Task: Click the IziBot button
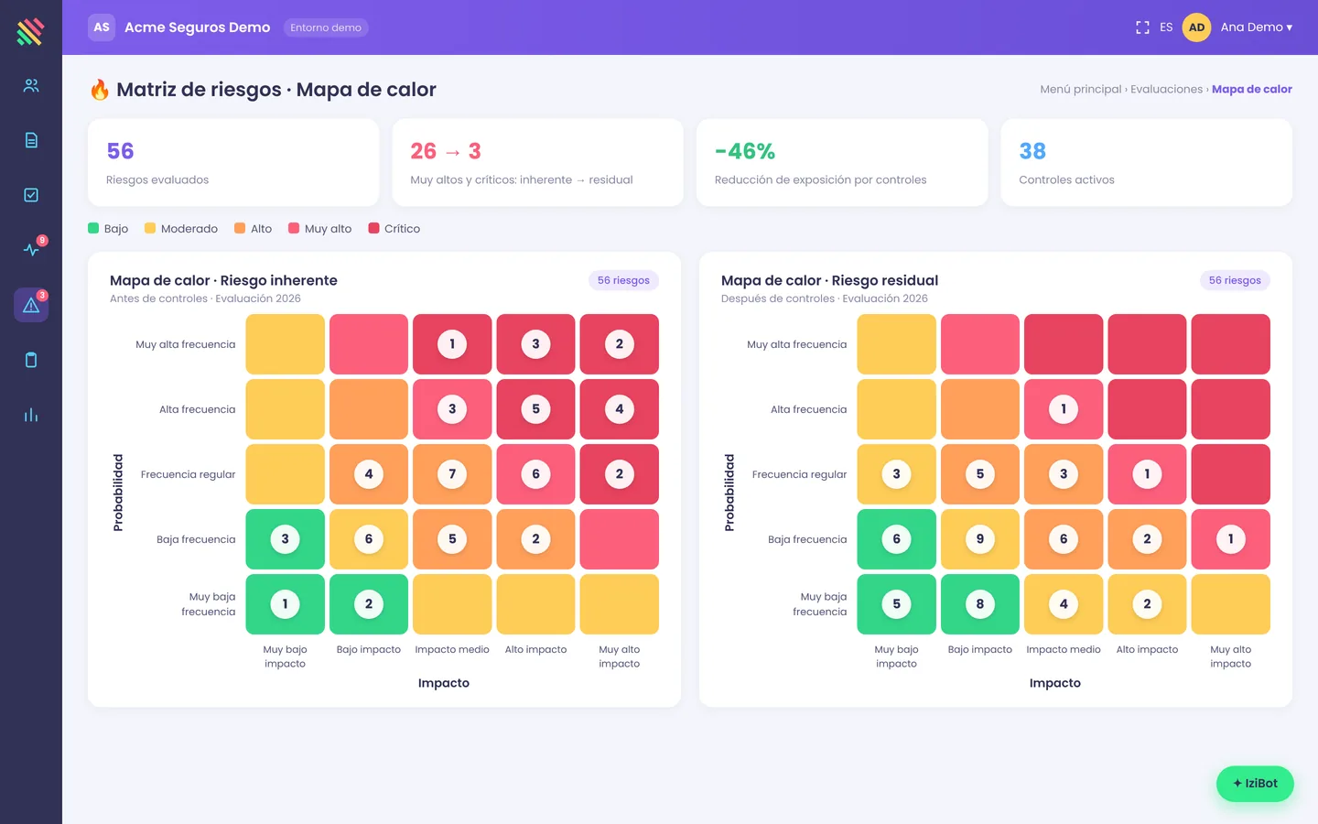[x=1255, y=784]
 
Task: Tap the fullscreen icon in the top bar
[x=1142, y=27]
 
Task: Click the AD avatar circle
[x=1196, y=27]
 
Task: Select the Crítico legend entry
[x=394, y=228]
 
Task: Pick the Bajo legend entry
[x=108, y=228]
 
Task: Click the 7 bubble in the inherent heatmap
[x=452, y=474]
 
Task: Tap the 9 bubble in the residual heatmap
[x=979, y=539]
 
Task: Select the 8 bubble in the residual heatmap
[x=979, y=604]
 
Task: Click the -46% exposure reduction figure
[x=745, y=151]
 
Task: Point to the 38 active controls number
[x=1032, y=151]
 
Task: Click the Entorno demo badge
[x=326, y=27]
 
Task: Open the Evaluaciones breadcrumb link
[x=1166, y=89]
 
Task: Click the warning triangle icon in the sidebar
[x=31, y=306]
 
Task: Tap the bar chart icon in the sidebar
[x=31, y=415]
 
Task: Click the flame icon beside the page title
[x=100, y=90]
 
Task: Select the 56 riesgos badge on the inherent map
[x=623, y=280]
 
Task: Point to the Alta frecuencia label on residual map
[x=808, y=409]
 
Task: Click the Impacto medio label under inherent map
[x=452, y=649]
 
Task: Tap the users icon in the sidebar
[x=31, y=86]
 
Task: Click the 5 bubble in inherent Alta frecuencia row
[x=535, y=409]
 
